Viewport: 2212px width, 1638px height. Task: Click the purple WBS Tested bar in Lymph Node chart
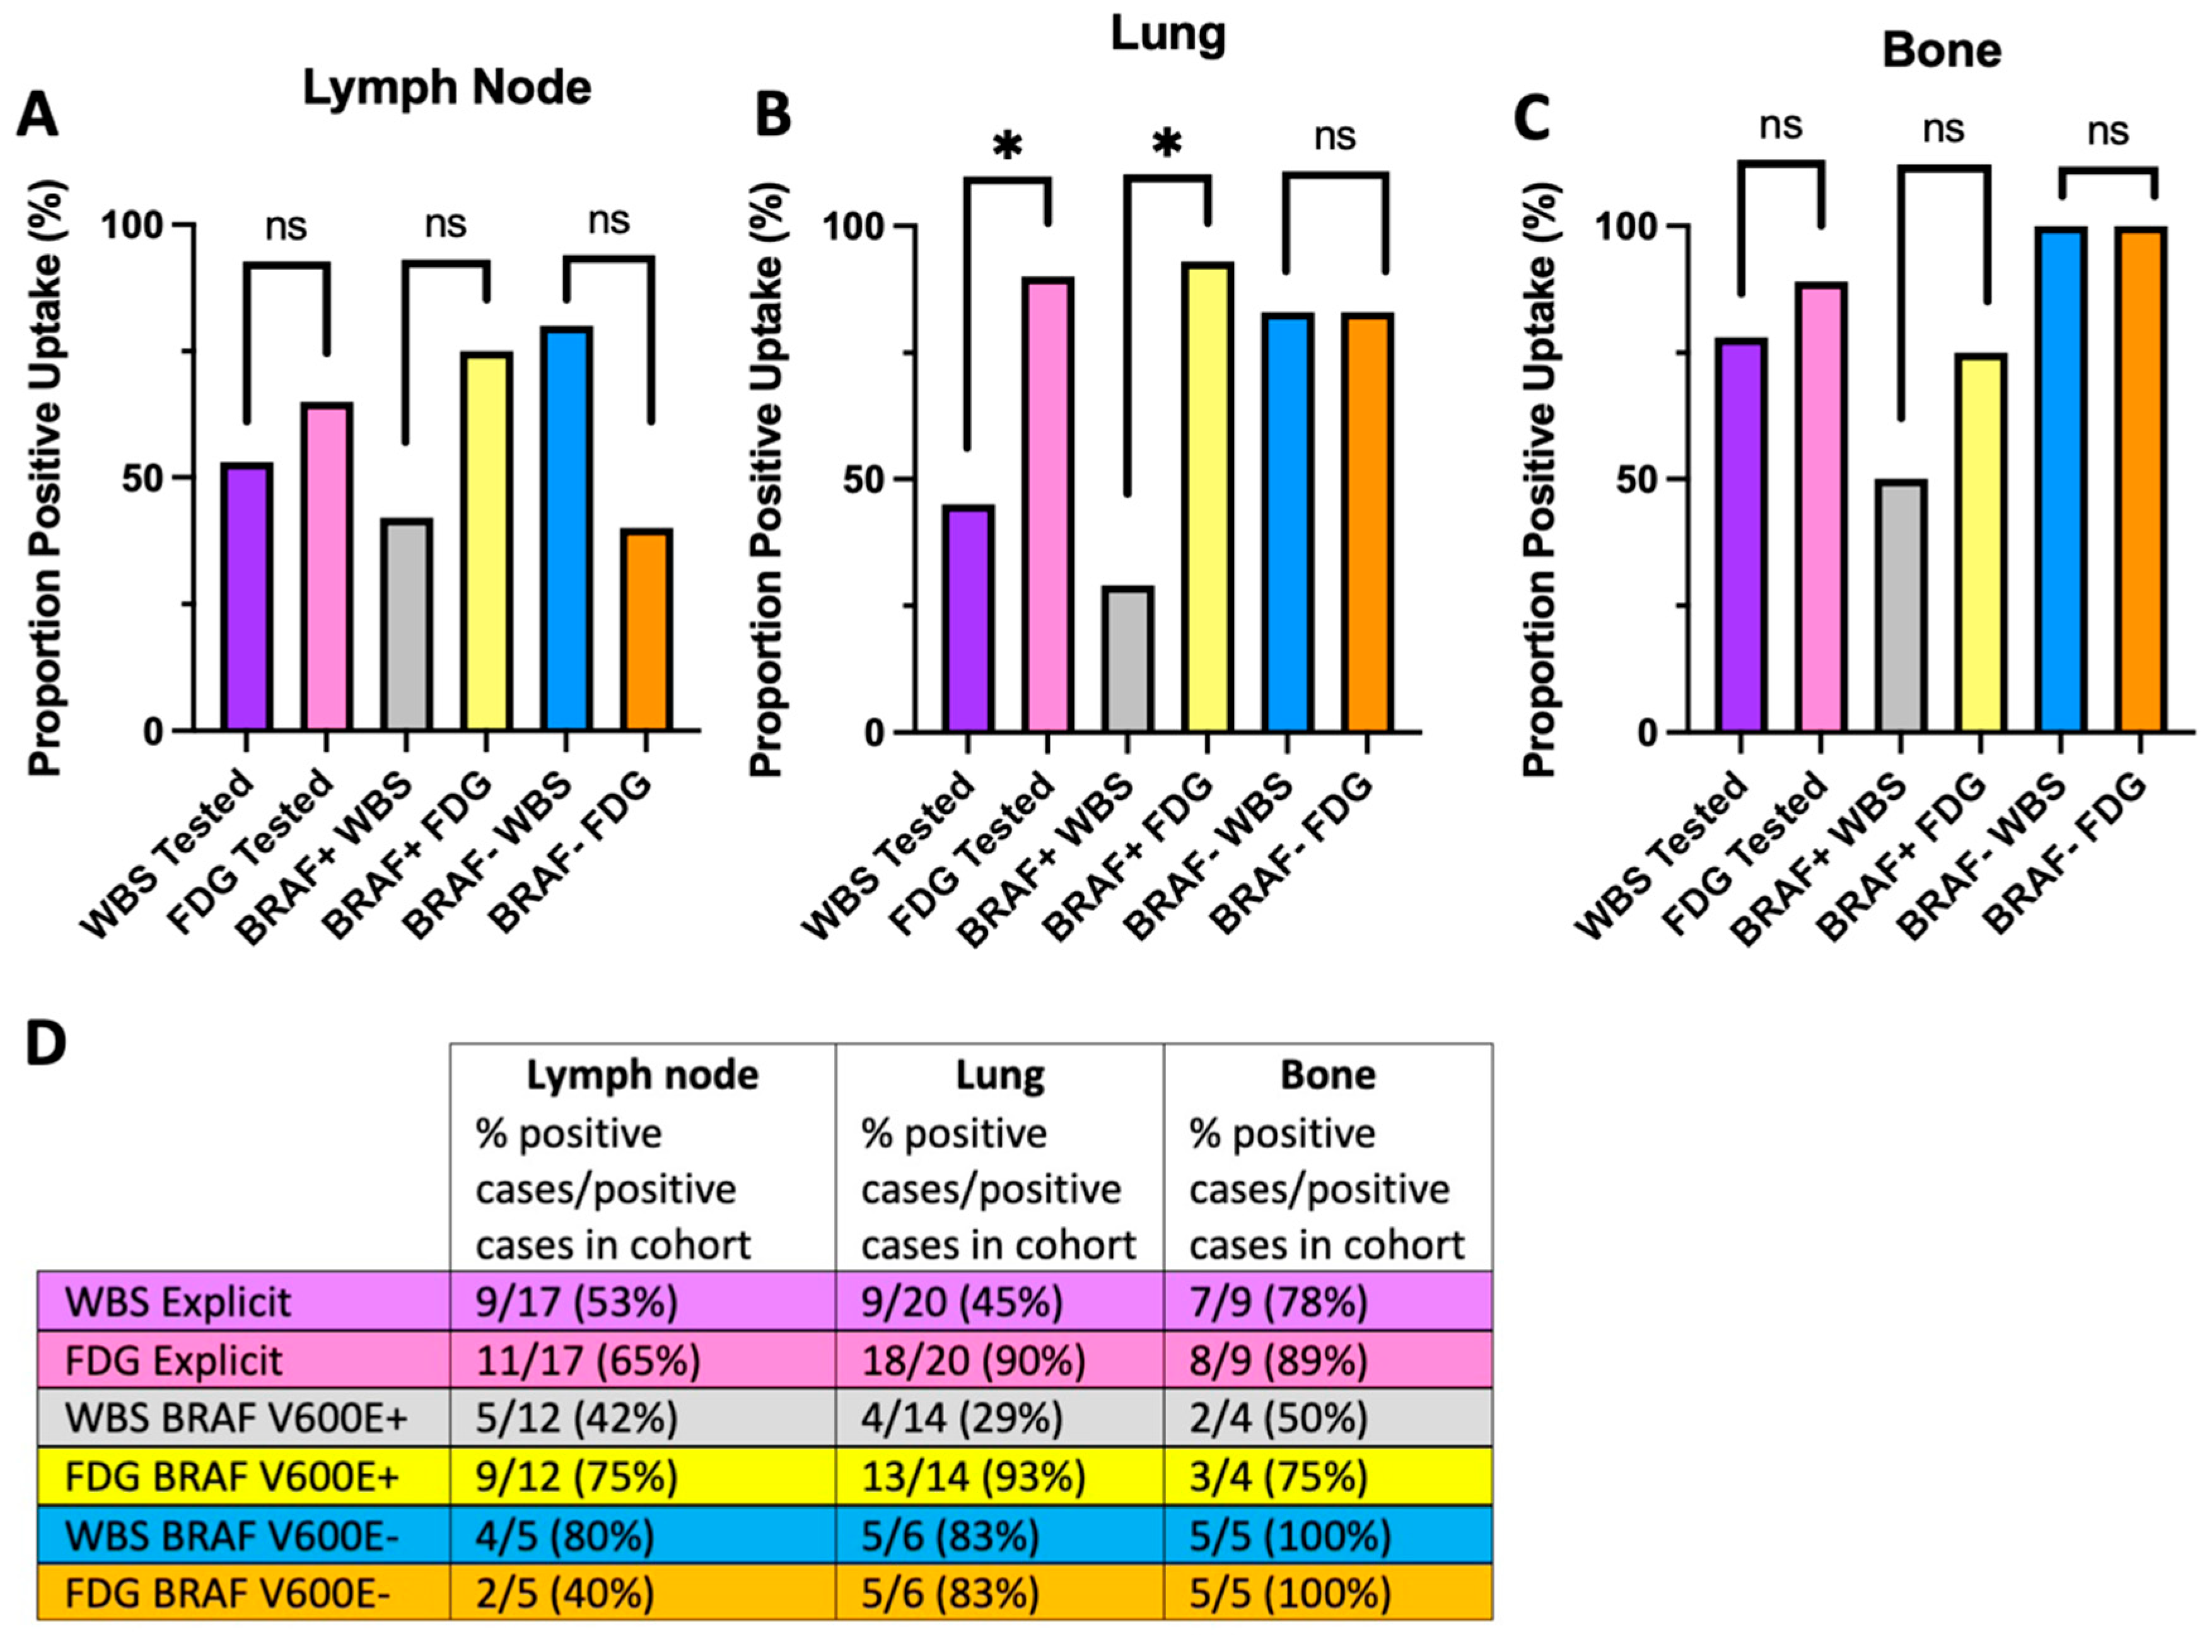(x=247, y=597)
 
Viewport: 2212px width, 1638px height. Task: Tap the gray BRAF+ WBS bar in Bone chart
(x=1900, y=607)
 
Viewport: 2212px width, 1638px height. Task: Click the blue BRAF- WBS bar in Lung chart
(x=1287, y=523)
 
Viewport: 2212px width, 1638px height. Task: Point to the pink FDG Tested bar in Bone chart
(x=1820, y=508)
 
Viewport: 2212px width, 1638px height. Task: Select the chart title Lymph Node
(x=446, y=88)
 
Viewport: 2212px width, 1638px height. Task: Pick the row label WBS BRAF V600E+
(x=236, y=1419)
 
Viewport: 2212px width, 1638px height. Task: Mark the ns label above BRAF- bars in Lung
(x=1334, y=136)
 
